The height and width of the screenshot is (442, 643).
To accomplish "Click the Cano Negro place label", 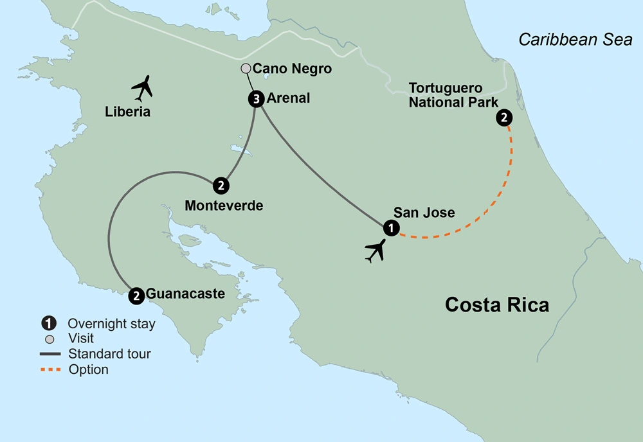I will [292, 69].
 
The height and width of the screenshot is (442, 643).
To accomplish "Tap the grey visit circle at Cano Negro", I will [245, 68].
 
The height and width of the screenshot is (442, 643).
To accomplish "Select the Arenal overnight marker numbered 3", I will [256, 99].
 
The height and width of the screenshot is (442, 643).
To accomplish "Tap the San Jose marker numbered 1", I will [390, 228].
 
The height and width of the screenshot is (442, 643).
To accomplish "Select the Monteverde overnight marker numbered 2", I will [220, 186].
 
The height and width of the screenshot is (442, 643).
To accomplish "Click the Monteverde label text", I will [224, 206].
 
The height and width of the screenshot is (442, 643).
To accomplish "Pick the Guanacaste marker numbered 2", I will [136, 296].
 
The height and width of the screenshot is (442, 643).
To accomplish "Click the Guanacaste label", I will [186, 294].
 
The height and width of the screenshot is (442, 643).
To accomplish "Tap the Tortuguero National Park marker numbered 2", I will [504, 118].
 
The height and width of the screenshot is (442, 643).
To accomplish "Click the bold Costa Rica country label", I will [498, 304].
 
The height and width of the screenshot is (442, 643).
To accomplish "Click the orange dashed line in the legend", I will [50, 369].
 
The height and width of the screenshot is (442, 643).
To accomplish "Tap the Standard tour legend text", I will [109, 354].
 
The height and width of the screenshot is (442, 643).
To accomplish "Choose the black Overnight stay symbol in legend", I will [50, 324].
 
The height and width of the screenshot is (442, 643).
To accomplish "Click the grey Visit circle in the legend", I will [50, 339].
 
